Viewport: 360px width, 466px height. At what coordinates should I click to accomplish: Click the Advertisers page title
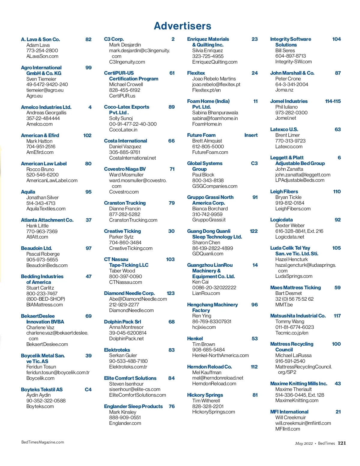click(x=182, y=26)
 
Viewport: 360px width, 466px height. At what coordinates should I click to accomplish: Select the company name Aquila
click(x=28, y=192)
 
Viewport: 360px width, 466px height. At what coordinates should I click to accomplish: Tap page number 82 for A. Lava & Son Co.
click(x=88, y=39)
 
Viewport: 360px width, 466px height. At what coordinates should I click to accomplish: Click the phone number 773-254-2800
click(x=42, y=50)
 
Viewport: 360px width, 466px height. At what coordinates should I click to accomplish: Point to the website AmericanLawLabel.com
click(x=52, y=180)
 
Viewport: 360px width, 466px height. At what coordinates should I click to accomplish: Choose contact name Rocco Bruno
click(x=40, y=169)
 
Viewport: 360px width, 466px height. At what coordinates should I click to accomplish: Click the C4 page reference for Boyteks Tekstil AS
click(x=88, y=389)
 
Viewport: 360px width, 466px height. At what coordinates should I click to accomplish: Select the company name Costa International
click(x=125, y=141)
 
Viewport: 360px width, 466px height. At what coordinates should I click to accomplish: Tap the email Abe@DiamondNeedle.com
click(x=138, y=299)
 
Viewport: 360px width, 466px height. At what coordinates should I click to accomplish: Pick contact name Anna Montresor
click(x=126, y=327)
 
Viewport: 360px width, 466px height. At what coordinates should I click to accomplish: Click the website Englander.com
click(x=125, y=423)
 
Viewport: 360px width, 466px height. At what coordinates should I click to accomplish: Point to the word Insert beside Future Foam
click(x=251, y=135)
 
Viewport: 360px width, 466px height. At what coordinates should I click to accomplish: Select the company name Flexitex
click(x=196, y=73)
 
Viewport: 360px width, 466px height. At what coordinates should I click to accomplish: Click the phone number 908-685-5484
click(x=208, y=350)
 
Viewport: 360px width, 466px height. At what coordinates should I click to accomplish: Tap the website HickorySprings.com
click(x=213, y=412)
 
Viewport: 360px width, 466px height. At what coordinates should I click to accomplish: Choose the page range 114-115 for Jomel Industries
click(x=333, y=101)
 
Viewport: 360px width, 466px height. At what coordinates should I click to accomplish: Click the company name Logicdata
click(x=281, y=220)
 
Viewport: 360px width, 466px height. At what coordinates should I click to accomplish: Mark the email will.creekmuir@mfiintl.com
click(x=303, y=423)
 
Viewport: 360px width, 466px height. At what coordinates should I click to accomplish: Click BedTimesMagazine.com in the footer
click(x=43, y=442)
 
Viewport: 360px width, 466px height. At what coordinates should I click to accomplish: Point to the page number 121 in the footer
click(x=342, y=443)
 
